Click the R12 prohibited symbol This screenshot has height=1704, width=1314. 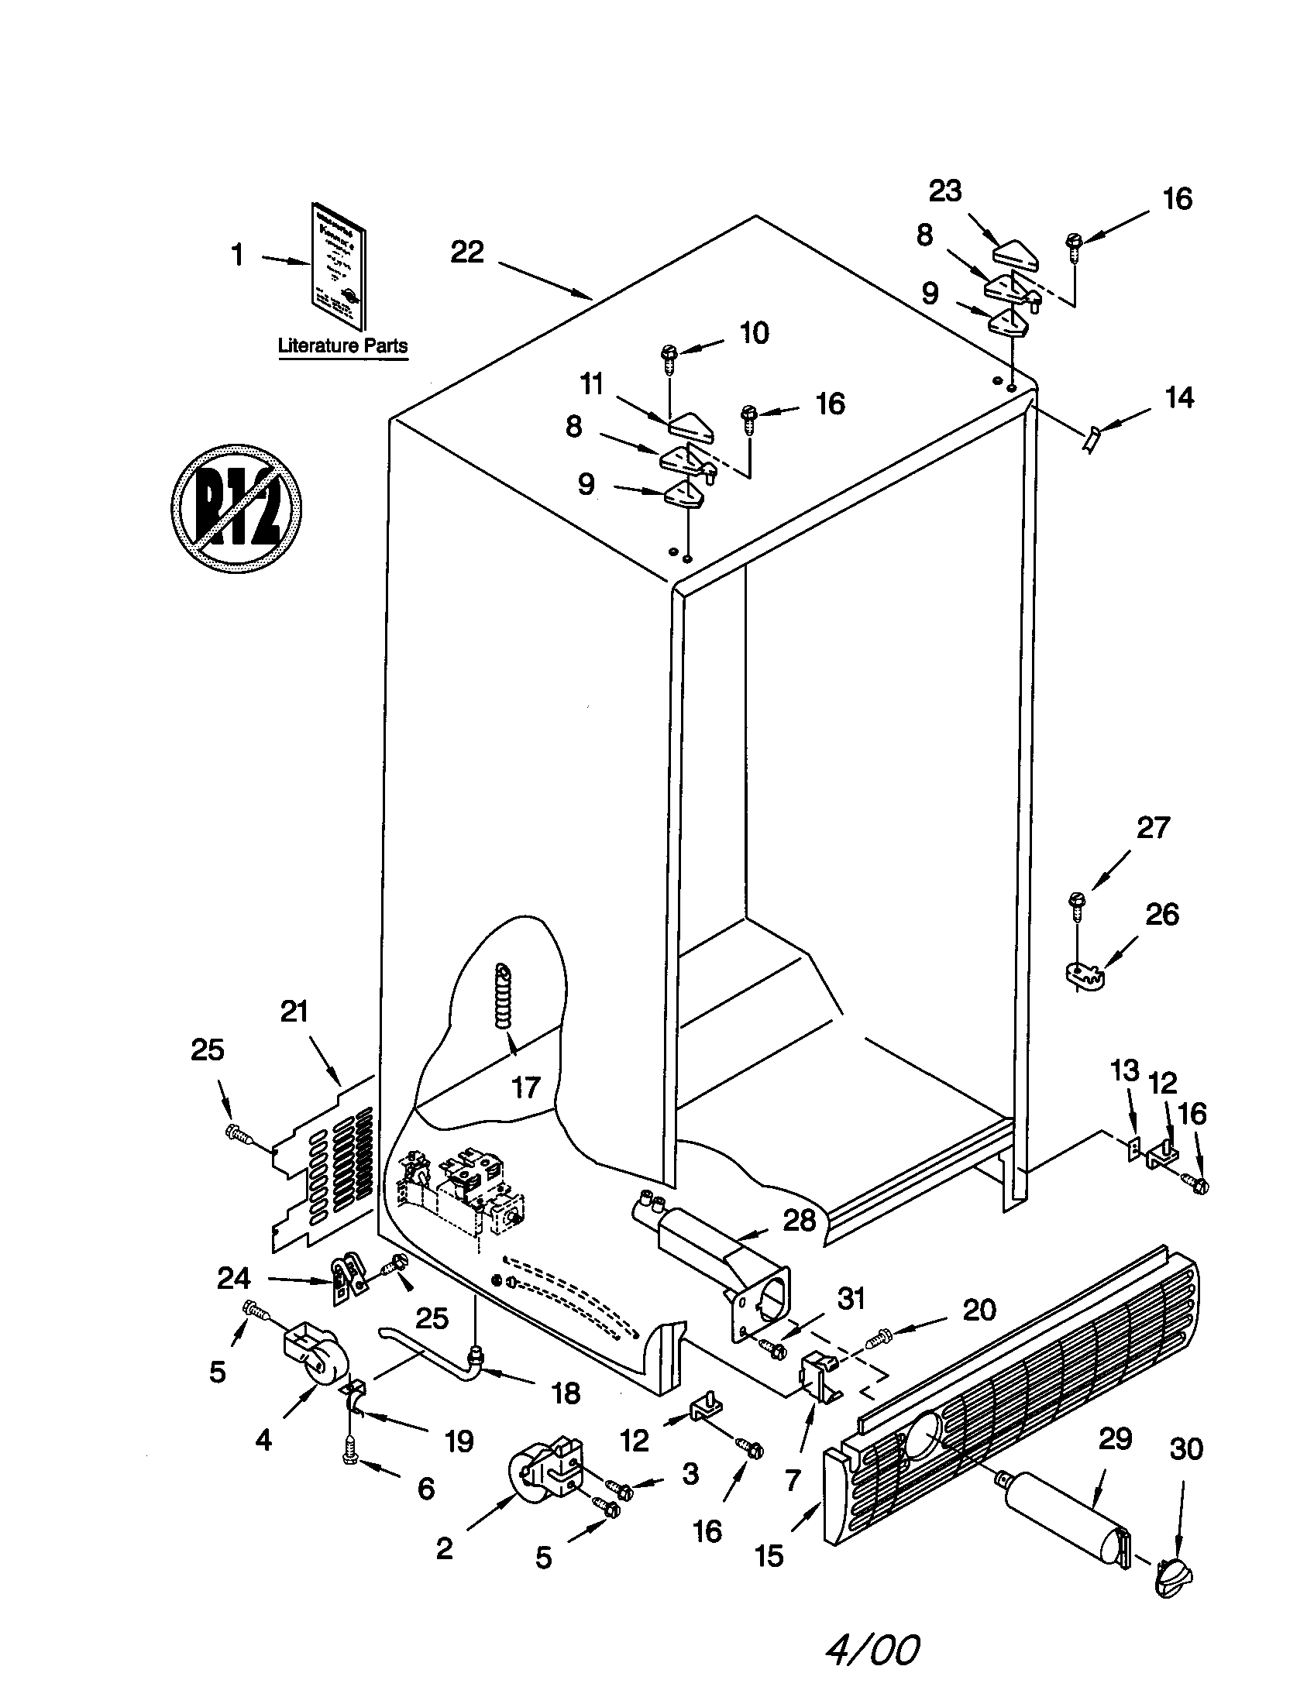pos(236,510)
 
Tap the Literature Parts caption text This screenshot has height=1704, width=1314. pos(342,345)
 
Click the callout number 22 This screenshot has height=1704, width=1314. pos(466,251)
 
